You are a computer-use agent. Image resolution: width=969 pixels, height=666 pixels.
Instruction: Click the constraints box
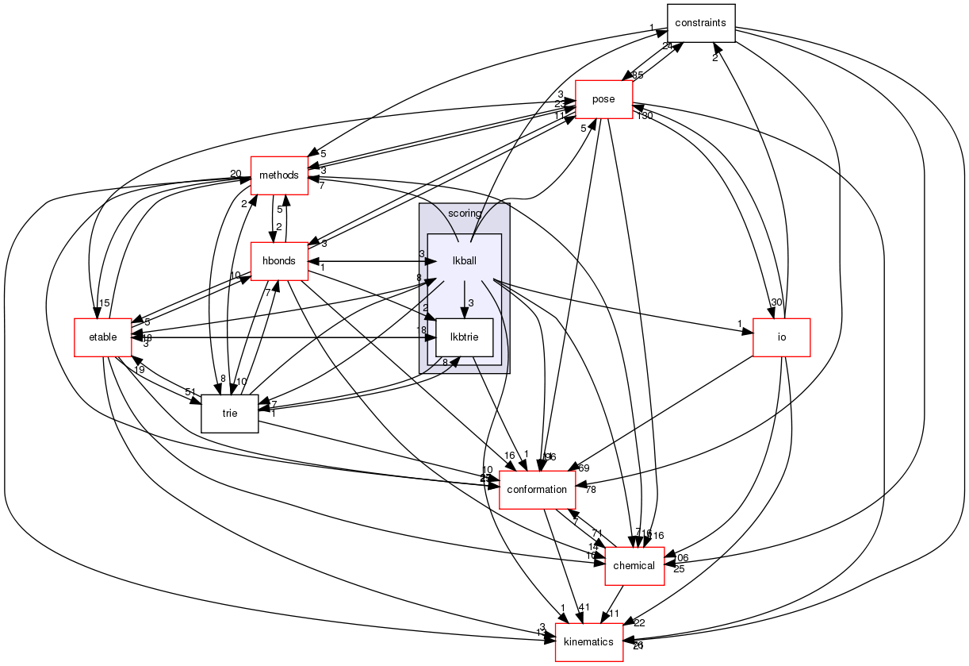(701, 24)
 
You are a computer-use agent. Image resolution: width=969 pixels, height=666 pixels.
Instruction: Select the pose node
(603, 99)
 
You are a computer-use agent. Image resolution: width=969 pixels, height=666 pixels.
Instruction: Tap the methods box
(279, 175)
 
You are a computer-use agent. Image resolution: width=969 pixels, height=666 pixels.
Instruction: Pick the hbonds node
(279, 261)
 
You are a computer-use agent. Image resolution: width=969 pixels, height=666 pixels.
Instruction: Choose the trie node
(230, 413)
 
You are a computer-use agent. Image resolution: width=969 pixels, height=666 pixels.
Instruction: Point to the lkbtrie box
(464, 337)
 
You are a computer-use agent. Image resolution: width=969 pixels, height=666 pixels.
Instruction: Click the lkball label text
(464, 260)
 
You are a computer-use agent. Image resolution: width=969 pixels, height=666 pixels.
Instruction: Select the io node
(781, 337)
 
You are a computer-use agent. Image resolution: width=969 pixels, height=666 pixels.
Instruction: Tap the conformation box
(537, 489)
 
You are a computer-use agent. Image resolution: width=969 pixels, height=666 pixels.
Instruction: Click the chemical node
(634, 565)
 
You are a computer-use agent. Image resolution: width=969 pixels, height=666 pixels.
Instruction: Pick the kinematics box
(588, 641)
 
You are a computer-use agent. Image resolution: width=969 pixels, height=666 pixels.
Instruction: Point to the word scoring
(465, 214)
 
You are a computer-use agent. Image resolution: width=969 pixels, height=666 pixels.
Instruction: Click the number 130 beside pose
(643, 116)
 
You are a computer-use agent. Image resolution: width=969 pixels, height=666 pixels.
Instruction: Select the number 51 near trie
(190, 391)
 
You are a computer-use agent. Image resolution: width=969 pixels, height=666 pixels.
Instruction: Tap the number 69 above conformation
(584, 468)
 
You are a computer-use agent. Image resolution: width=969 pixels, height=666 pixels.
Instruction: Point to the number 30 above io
(776, 302)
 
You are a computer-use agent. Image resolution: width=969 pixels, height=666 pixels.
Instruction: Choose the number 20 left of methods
(236, 174)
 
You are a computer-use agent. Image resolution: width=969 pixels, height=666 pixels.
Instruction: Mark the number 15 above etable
(104, 302)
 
